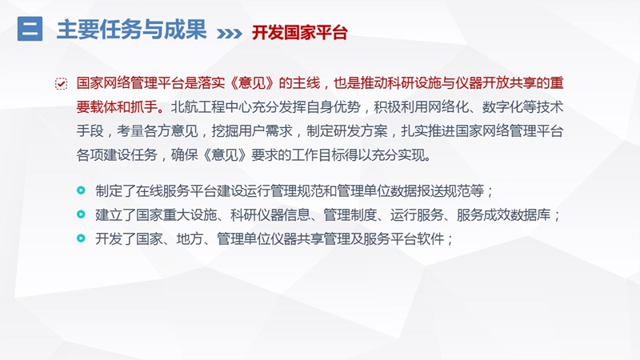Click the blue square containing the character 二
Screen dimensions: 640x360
click(30, 29)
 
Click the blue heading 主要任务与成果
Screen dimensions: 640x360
click(131, 30)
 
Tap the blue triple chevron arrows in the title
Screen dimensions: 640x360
click(230, 33)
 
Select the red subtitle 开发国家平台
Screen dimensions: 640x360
click(299, 33)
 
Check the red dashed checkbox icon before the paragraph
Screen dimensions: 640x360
click(62, 84)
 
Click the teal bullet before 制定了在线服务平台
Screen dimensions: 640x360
click(82, 190)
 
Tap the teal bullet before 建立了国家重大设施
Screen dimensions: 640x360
click(82, 214)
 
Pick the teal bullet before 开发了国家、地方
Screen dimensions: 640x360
click(82, 238)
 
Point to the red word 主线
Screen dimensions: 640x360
click(306, 83)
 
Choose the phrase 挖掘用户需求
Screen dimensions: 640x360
click(252, 131)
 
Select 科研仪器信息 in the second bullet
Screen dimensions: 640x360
click(270, 214)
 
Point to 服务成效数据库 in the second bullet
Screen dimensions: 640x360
click(504, 214)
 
